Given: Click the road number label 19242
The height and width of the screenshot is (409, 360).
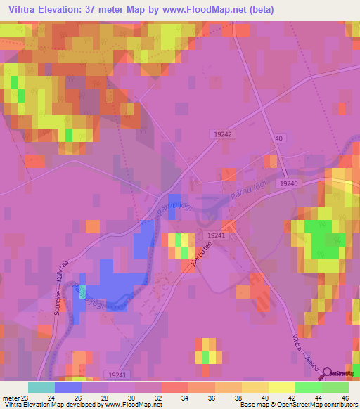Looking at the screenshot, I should pos(221,133).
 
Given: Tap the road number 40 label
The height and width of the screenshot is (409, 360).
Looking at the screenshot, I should pos(278,139).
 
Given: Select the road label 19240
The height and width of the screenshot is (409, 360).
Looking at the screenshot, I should pos(288,183).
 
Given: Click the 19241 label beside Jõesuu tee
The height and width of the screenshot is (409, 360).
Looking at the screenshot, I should pos(216,236).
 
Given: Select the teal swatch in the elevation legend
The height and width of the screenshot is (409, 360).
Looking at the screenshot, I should pos(41,387).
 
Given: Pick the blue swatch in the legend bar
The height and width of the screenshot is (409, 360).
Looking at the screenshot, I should pos(68,387).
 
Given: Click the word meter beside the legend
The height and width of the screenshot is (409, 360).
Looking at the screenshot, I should pos(10,397).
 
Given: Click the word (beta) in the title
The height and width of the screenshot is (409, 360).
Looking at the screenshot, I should pos(259,10).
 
